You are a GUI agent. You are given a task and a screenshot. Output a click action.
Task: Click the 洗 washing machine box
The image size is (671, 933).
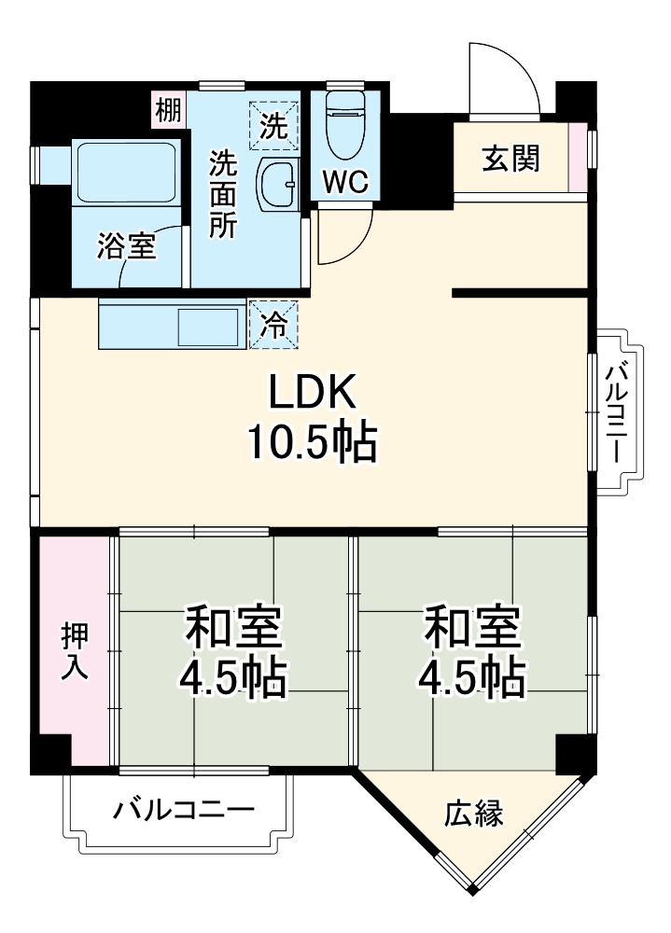tap(273, 125)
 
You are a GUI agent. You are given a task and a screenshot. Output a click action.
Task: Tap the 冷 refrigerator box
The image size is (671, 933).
tap(273, 324)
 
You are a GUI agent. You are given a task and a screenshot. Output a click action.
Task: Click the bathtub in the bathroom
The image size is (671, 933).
tap(126, 174)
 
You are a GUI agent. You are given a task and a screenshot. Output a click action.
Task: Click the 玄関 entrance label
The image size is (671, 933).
tap(510, 159)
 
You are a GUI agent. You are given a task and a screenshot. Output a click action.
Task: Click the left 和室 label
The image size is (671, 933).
tap(232, 627)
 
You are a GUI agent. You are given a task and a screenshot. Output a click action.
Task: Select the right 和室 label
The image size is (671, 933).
tap(471, 627)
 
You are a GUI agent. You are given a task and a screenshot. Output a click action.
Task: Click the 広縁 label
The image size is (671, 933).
tap(473, 814)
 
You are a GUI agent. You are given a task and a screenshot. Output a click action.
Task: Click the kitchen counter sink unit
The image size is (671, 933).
tap(173, 324)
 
